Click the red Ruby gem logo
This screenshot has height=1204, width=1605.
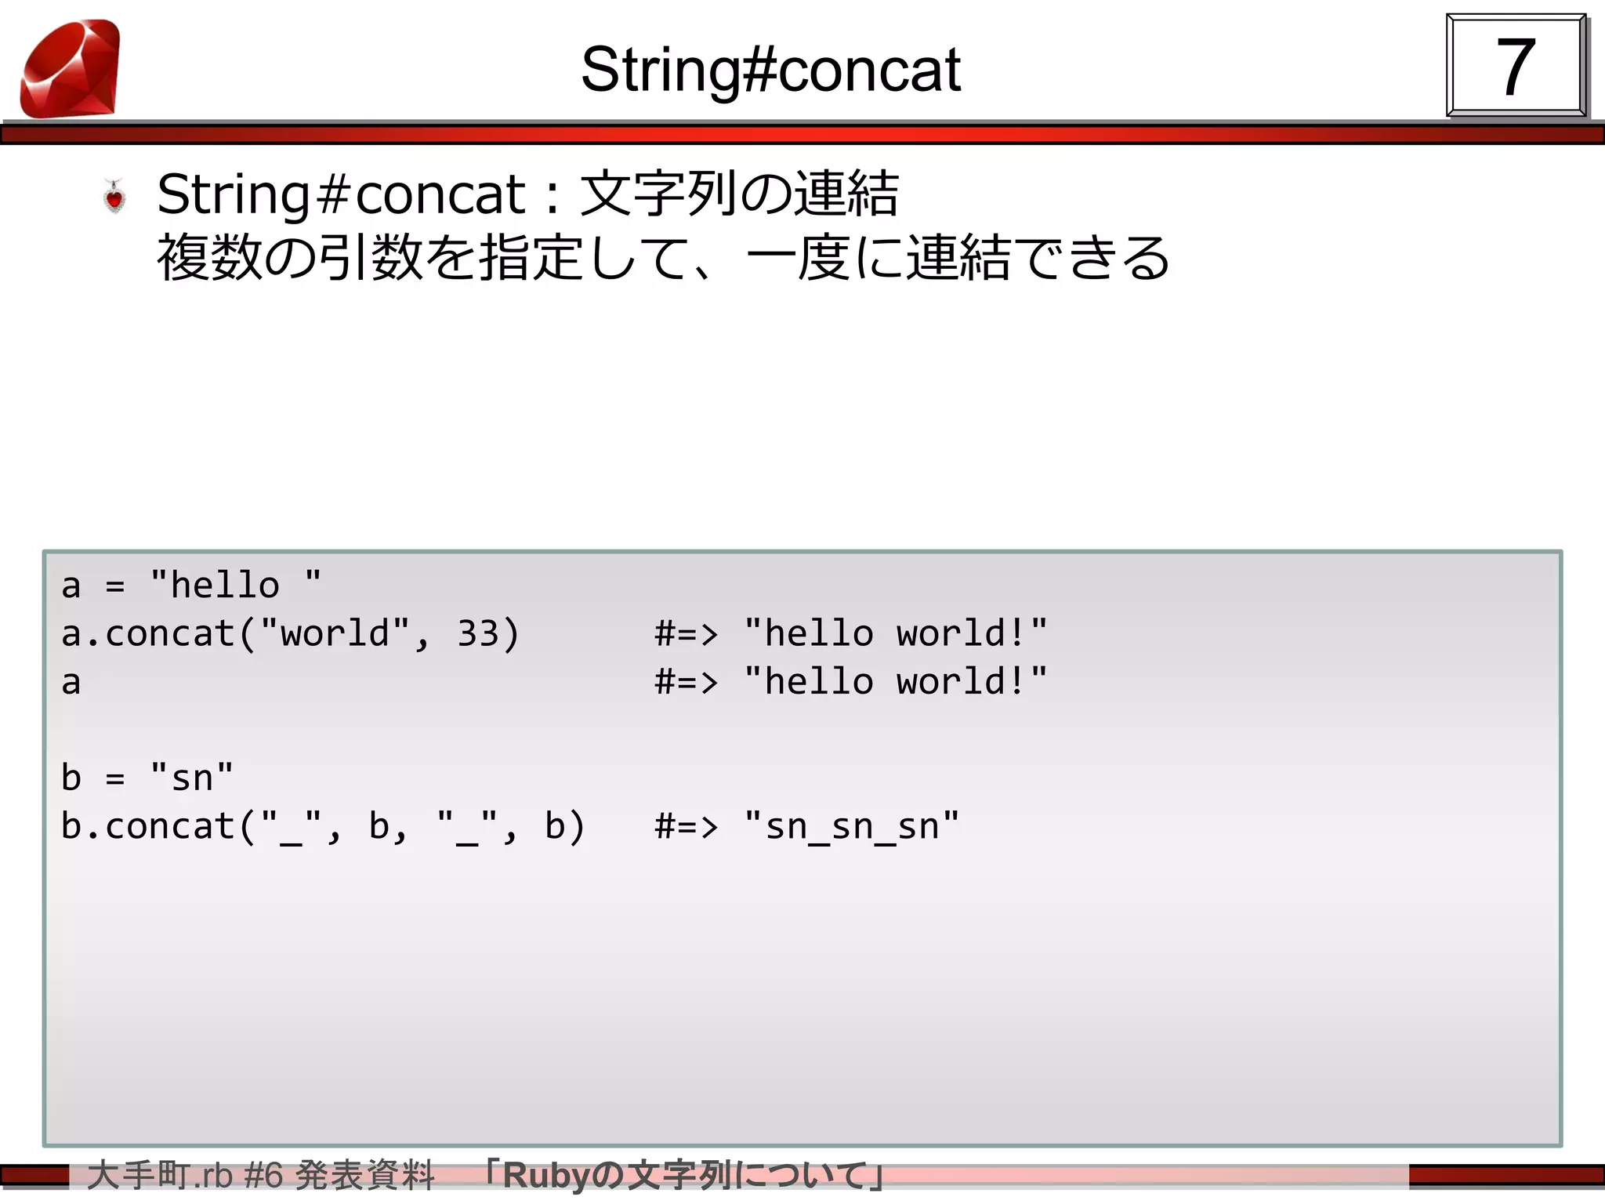(x=71, y=69)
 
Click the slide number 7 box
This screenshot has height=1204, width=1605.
(x=1515, y=67)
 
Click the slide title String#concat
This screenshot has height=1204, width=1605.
(x=770, y=70)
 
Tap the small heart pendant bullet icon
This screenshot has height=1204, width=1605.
(x=115, y=196)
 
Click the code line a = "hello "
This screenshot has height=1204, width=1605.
(x=191, y=585)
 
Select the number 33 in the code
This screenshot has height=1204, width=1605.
(x=478, y=633)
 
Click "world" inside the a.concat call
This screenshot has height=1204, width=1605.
(x=335, y=633)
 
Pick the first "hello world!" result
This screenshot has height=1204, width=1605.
(x=895, y=633)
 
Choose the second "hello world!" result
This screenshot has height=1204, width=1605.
(x=895, y=682)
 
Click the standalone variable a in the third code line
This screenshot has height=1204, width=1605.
(x=71, y=682)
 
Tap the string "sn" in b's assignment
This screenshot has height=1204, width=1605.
(x=191, y=778)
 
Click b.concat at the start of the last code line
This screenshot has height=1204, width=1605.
(x=147, y=826)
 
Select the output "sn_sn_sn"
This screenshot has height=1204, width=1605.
(x=851, y=826)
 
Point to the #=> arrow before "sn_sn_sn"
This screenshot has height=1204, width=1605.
(x=686, y=826)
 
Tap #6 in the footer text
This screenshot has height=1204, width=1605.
(x=263, y=1176)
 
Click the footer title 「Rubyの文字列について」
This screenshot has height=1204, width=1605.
(x=685, y=1176)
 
